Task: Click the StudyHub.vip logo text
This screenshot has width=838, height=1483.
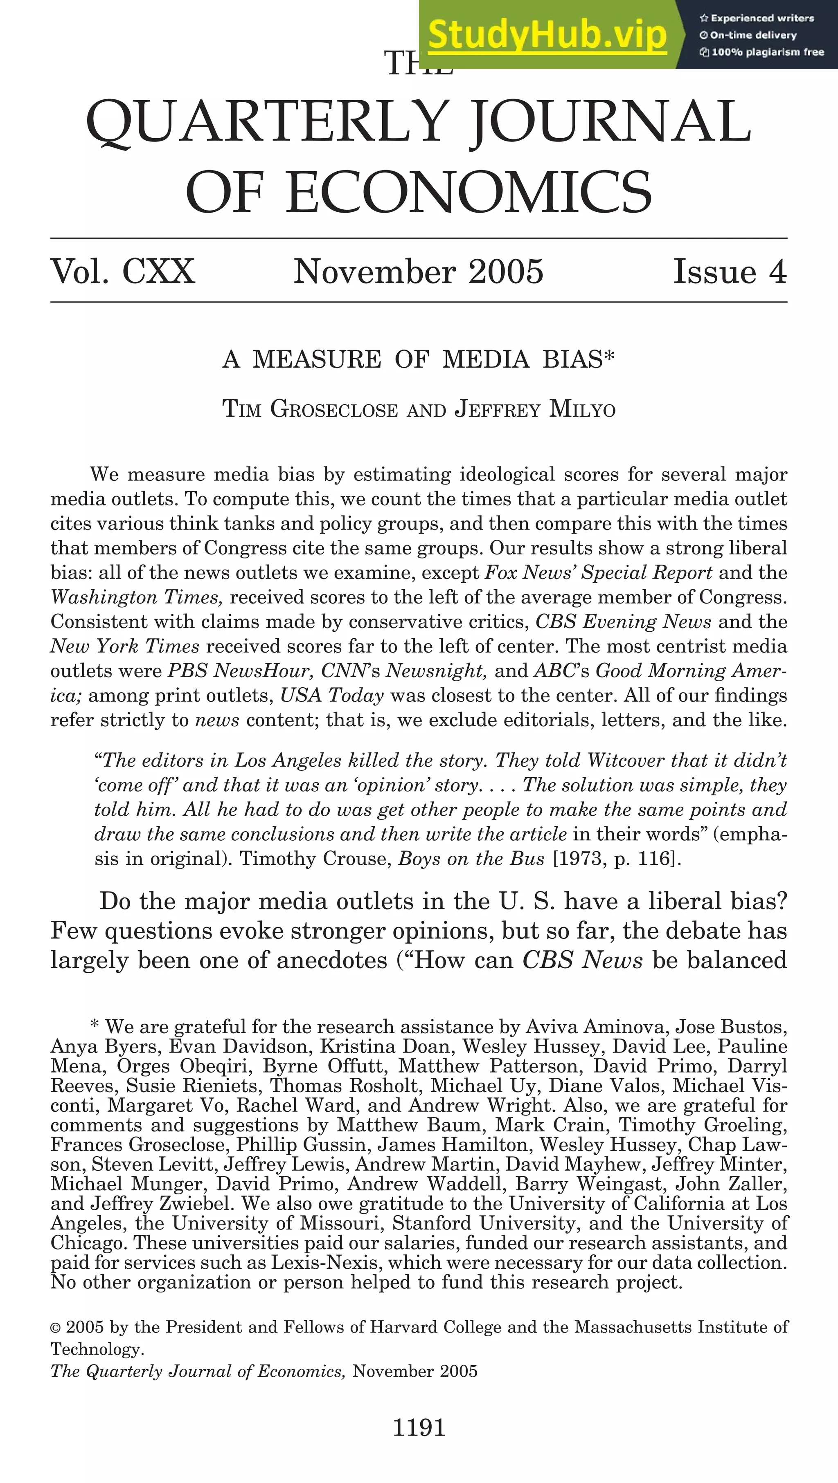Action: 547,34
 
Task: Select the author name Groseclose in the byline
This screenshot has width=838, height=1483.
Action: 334,409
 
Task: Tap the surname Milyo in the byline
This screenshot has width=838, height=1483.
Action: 583,409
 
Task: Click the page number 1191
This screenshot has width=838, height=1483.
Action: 419,1428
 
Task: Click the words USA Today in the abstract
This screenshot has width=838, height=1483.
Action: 332,696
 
